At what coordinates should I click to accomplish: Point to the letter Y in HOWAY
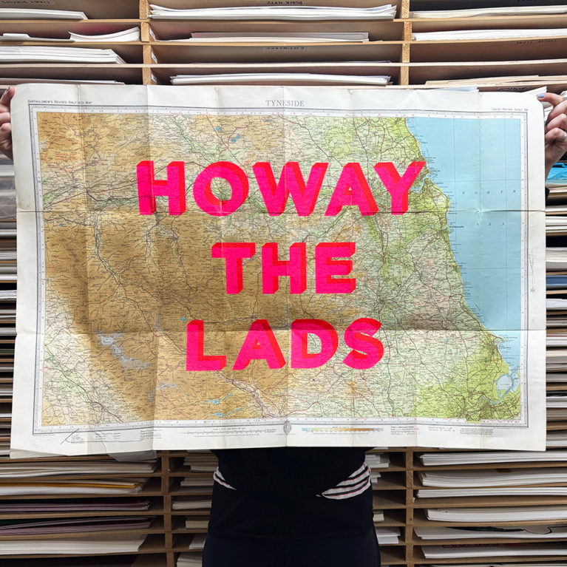point(400,187)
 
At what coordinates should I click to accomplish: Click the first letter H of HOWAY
point(160,188)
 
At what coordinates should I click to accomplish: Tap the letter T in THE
point(234,268)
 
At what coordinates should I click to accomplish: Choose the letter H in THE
point(283,268)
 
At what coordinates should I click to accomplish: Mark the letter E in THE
point(335,267)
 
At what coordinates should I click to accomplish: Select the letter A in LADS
point(258,345)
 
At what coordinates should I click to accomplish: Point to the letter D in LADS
point(313,344)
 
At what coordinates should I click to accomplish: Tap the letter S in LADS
point(362,344)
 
